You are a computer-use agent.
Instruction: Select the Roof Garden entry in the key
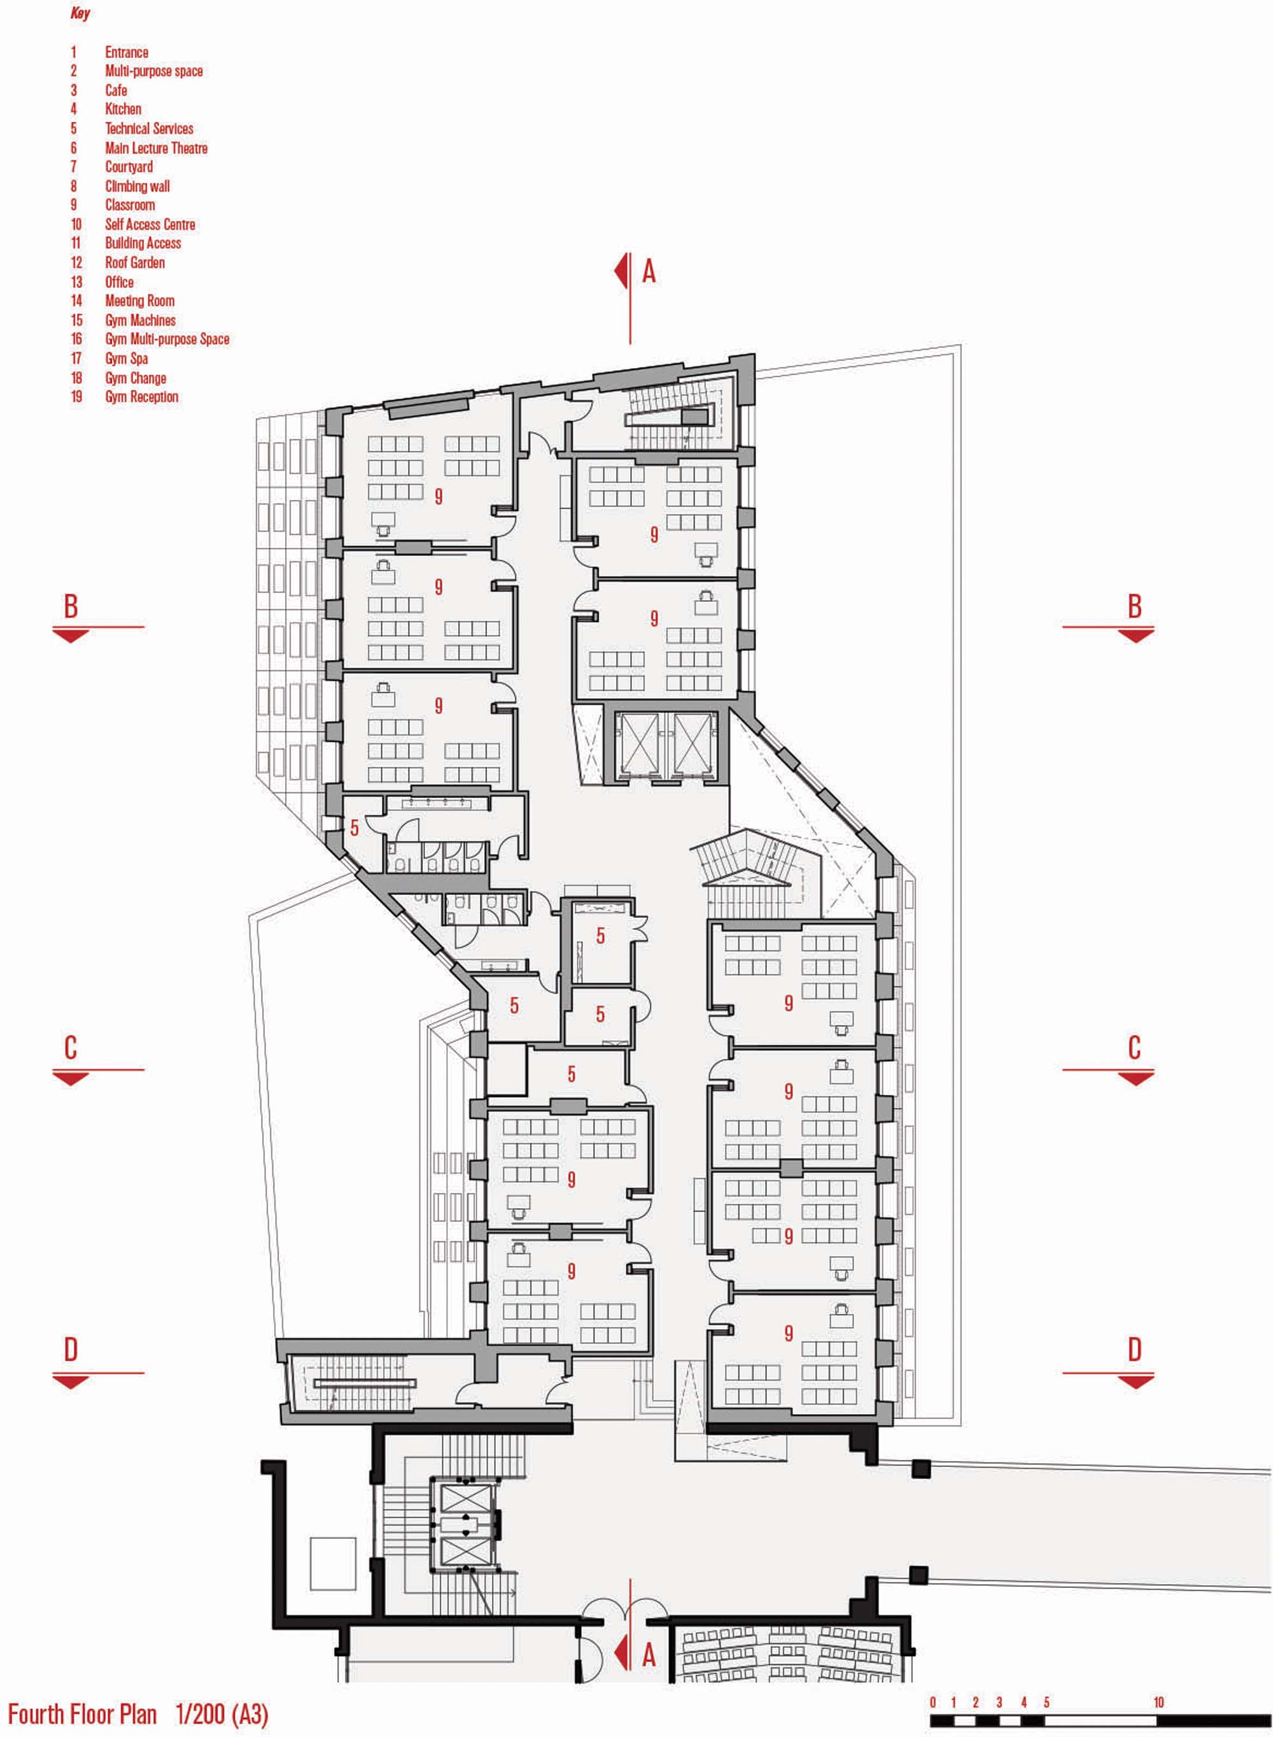click(x=135, y=262)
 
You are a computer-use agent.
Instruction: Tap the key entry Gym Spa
click(x=127, y=359)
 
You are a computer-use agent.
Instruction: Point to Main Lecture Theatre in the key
click(x=157, y=148)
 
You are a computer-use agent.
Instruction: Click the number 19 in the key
click(x=76, y=397)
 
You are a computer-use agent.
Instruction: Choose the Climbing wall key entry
click(x=137, y=186)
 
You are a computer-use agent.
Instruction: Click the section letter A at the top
click(x=649, y=271)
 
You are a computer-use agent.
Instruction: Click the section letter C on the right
click(x=1134, y=1048)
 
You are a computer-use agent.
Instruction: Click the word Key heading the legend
click(x=80, y=13)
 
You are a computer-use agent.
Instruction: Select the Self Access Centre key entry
click(x=150, y=224)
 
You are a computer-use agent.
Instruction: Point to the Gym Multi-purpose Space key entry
click(x=167, y=340)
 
